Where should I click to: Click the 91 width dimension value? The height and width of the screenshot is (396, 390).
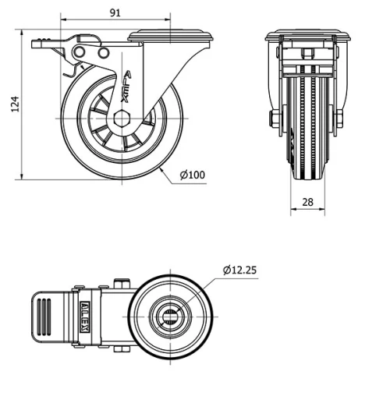coord(115,12)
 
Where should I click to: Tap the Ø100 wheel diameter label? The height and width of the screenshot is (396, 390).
coord(192,175)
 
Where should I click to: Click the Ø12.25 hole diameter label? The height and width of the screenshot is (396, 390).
coord(239,270)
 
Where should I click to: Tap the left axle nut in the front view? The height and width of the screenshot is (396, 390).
coord(274,119)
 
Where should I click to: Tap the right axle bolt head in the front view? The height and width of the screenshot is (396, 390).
coord(339,119)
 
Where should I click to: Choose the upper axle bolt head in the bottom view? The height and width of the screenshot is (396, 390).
coord(121,284)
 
